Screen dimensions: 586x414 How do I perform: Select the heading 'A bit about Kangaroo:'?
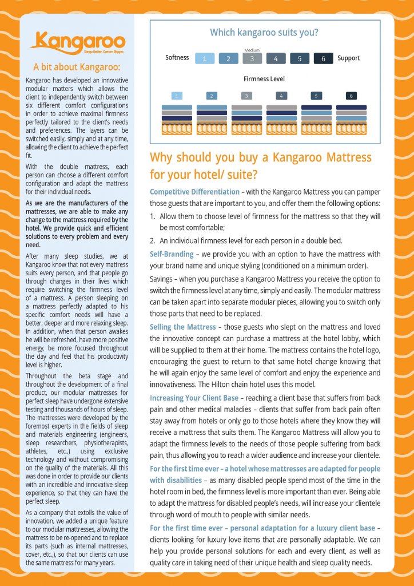pyautogui.click(x=78, y=66)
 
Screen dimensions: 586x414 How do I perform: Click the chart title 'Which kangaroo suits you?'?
pyautogui.click(x=264, y=33)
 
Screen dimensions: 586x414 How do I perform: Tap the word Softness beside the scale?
pyautogui.click(x=177, y=58)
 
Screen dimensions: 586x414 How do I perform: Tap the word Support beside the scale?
pyautogui.click(x=349, y=58)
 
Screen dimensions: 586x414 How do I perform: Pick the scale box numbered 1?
pyautogui.click(x=205, y=58)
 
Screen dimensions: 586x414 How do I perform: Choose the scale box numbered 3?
pyautogui.click(x=252, y=58)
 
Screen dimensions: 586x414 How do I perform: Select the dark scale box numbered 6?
pyautogui.click(x=323, y=58)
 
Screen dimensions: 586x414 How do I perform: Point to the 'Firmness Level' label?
pyautogui.click(x=264, y=79)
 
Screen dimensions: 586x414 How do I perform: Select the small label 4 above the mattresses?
pyautogui.click(x=281, y=96)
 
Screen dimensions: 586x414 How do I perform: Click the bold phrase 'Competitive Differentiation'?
pyautogui.click(x=194, y=192)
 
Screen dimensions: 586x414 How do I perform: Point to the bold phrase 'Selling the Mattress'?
pyautogui.click(x=183, y=327)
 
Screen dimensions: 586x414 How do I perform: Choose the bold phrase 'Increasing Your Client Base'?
pyautogui.click(x=197, y=398)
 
